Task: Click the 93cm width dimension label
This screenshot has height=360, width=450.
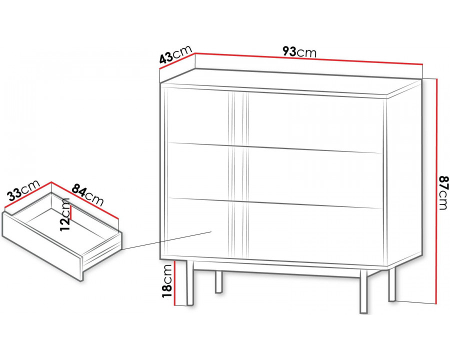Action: coord(299,52)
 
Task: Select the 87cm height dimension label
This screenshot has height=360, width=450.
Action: coord(443,192)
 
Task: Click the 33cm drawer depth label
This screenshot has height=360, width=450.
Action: coord(23,190)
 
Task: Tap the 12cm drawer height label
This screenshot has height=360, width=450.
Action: coord(65,214)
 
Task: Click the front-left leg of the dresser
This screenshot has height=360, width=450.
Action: coord(189,283)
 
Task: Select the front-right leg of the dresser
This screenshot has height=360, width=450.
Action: coord(363,291)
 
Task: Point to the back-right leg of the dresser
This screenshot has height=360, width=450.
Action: coord(392,284)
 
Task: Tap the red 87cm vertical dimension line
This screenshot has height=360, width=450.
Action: coord(436,190)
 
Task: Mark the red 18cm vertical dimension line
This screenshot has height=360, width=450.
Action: coord(174,283)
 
